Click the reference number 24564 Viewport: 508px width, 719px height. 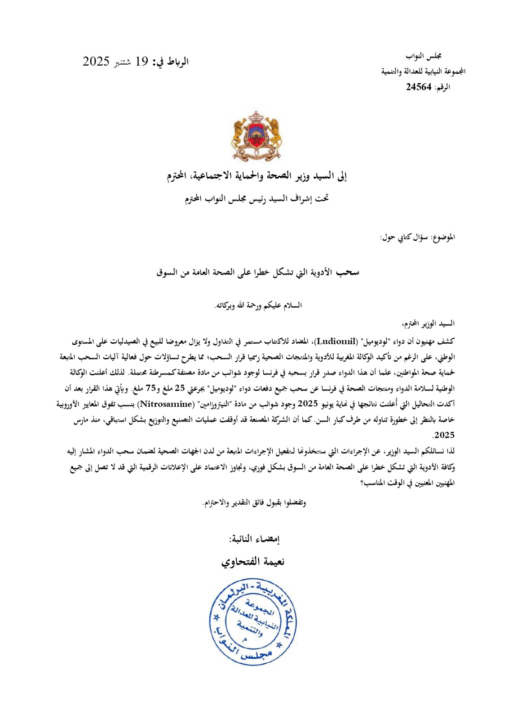coord(419,87)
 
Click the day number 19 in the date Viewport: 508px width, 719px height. coord(142,62)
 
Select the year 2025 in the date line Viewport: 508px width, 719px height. coord(96,62)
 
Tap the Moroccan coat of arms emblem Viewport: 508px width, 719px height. coord(256,136)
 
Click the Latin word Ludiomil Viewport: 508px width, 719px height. coord(336,341)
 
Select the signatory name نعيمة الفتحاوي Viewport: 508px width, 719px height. coord(253,562)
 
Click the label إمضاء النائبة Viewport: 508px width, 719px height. coord(254,539)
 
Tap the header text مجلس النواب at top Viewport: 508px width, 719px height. coord(424,56)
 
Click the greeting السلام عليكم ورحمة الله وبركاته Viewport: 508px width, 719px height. coord(258,306)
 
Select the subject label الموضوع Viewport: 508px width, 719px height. coord(443,237)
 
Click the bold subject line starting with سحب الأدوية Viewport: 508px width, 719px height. coord(258,272)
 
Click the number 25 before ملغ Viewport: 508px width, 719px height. coord(180,388)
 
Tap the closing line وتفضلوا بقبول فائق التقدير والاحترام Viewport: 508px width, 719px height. coord(254,503)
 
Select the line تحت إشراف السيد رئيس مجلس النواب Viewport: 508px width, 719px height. coord(256,198)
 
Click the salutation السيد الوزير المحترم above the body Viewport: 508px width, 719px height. coord(428,324)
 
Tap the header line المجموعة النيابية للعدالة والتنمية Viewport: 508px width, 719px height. coord(423,71)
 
